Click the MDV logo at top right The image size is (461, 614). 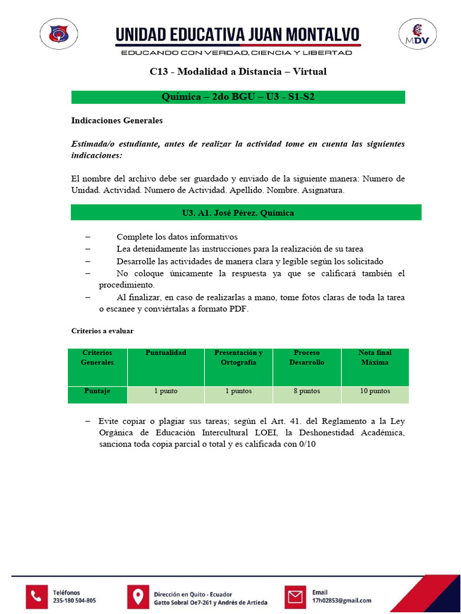click(417, 34)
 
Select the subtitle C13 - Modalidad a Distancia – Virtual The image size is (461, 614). click(238, 72)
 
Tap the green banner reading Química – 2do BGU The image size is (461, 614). click(238, 97)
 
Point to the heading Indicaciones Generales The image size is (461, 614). click(117, 121)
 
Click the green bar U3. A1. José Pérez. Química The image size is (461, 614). click(238, 213)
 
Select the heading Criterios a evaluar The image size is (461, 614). click(102, 331)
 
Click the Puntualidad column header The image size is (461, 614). click(166, 353)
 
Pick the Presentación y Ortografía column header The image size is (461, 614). click(238, 357)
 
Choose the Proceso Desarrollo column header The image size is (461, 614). click(307, 357)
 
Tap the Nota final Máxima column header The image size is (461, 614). click(375, 357)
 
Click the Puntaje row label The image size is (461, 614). click(97, 391)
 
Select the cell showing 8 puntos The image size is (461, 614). click(307, 392)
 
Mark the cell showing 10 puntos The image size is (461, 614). click(375, 392)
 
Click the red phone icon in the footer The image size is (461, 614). click(37, 596)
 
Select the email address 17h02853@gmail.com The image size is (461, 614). click(342, 600)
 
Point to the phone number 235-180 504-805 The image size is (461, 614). click(74, 600)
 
